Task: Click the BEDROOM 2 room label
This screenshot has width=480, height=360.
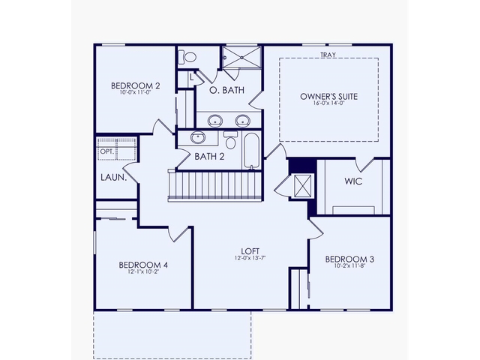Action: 135,85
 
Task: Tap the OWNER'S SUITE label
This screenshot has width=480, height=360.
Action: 328,97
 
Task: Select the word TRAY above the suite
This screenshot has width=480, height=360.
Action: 327,55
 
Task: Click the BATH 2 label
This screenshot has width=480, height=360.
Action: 210,157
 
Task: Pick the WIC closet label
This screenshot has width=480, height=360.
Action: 354,182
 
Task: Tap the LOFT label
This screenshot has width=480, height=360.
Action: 250,251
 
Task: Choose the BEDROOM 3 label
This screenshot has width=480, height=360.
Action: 349,259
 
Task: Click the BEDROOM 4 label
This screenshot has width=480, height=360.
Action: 143,265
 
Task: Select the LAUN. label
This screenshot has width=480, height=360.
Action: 113,178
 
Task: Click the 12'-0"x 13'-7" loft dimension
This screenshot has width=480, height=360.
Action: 250,259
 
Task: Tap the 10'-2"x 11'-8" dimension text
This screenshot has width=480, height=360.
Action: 349,268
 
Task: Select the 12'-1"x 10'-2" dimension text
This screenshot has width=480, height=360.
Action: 143,273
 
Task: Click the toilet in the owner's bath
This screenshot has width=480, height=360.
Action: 189,57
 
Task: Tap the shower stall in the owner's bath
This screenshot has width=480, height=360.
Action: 241,58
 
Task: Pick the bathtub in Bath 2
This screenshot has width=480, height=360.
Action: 251,149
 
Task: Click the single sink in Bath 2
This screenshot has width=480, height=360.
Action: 198,138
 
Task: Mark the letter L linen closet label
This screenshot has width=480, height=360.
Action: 192,76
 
